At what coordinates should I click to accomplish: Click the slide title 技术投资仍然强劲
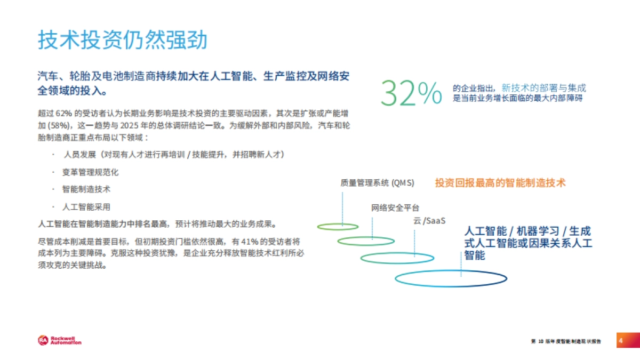(x=122, y=40)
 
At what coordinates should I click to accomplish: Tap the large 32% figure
(x=411, y=93)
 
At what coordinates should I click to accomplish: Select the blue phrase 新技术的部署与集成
(x=543, y=88)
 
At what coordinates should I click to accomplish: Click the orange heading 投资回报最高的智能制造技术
(x=500, y=182)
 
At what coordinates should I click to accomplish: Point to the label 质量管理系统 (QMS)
(x=377, y=183)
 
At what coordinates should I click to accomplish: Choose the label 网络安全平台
(x=395, y=207)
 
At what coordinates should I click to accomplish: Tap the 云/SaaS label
(x=429, y=221)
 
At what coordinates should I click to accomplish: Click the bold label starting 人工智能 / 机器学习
(x=527, y=243)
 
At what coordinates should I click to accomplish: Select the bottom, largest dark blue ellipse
(x=451, y=278)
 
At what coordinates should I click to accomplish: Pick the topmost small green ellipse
(x=338, y=227)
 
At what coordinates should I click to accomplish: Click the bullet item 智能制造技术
(x=86, y=189)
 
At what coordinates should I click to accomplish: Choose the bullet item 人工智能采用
(x=86, y=206)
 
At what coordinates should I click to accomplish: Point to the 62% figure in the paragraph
(x=63, y=114)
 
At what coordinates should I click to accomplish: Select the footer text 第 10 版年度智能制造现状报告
(x=566, y=341)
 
